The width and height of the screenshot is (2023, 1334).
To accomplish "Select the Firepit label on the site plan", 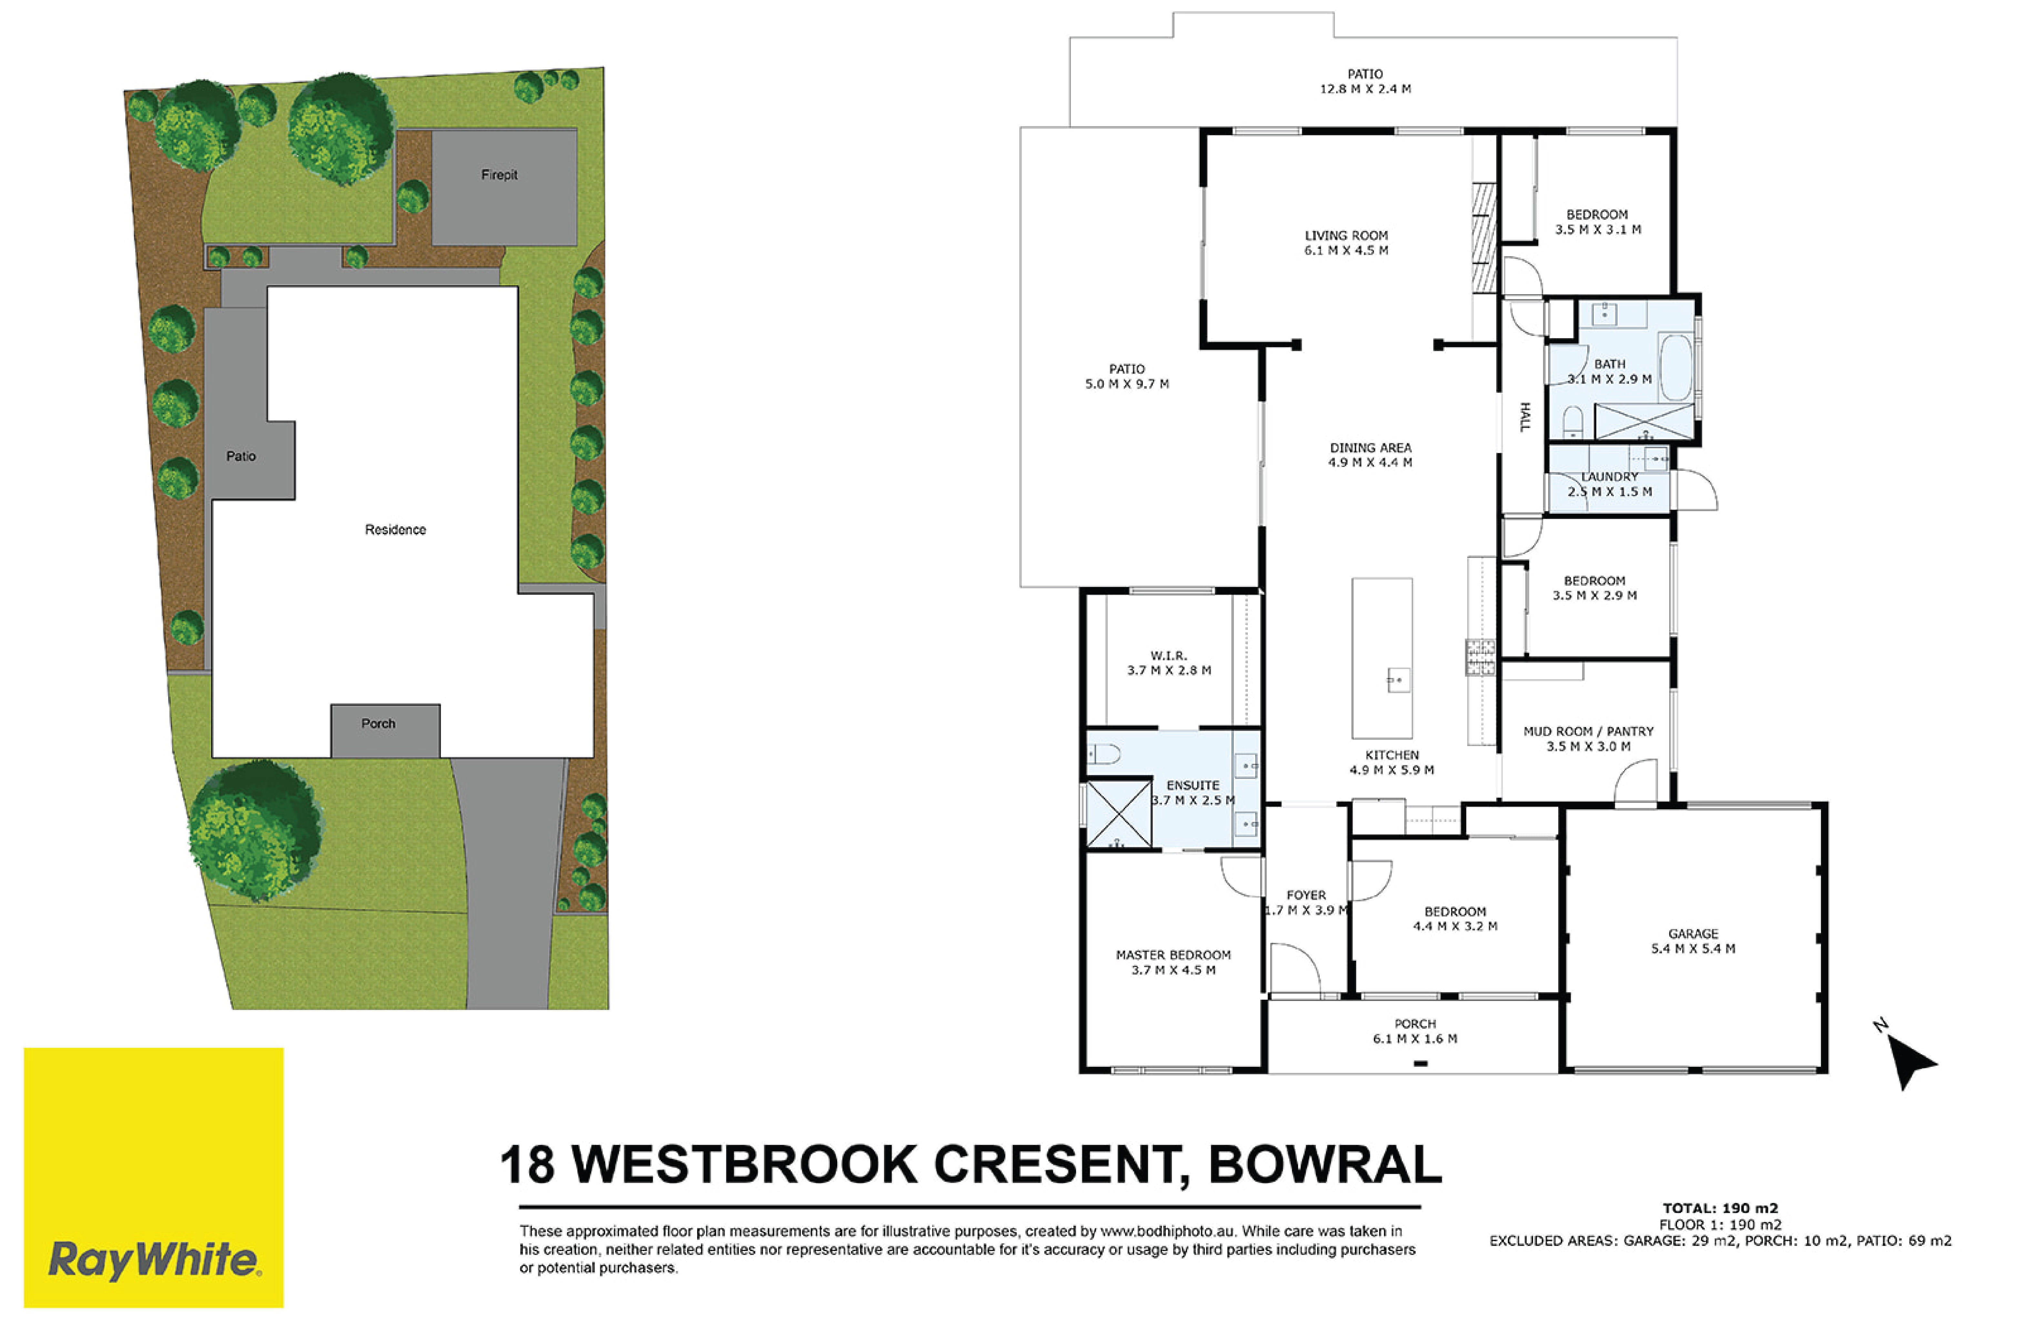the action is pos(499,174).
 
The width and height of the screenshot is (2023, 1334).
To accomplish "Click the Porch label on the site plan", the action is pos(379,723).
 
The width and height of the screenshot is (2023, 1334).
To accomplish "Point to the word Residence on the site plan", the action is pos(396,529).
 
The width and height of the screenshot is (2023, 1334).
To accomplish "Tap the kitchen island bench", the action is pos(1382,659).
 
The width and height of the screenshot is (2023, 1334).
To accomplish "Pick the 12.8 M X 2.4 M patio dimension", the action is pos(1366,88).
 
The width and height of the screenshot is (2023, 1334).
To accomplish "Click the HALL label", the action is pos(1524,417).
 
